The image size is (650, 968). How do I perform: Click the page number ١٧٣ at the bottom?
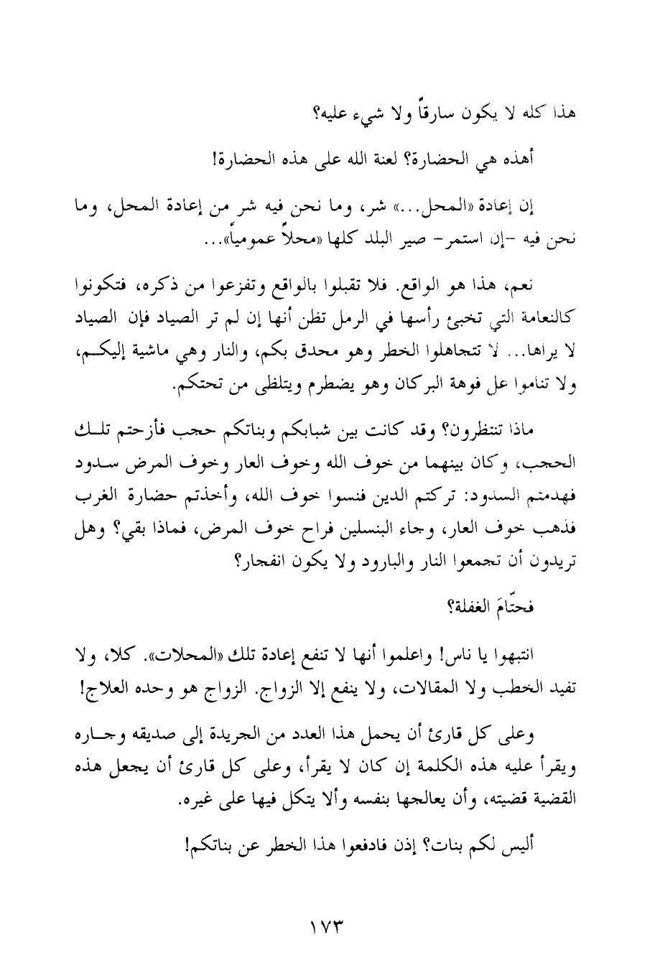coord(326,921)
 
